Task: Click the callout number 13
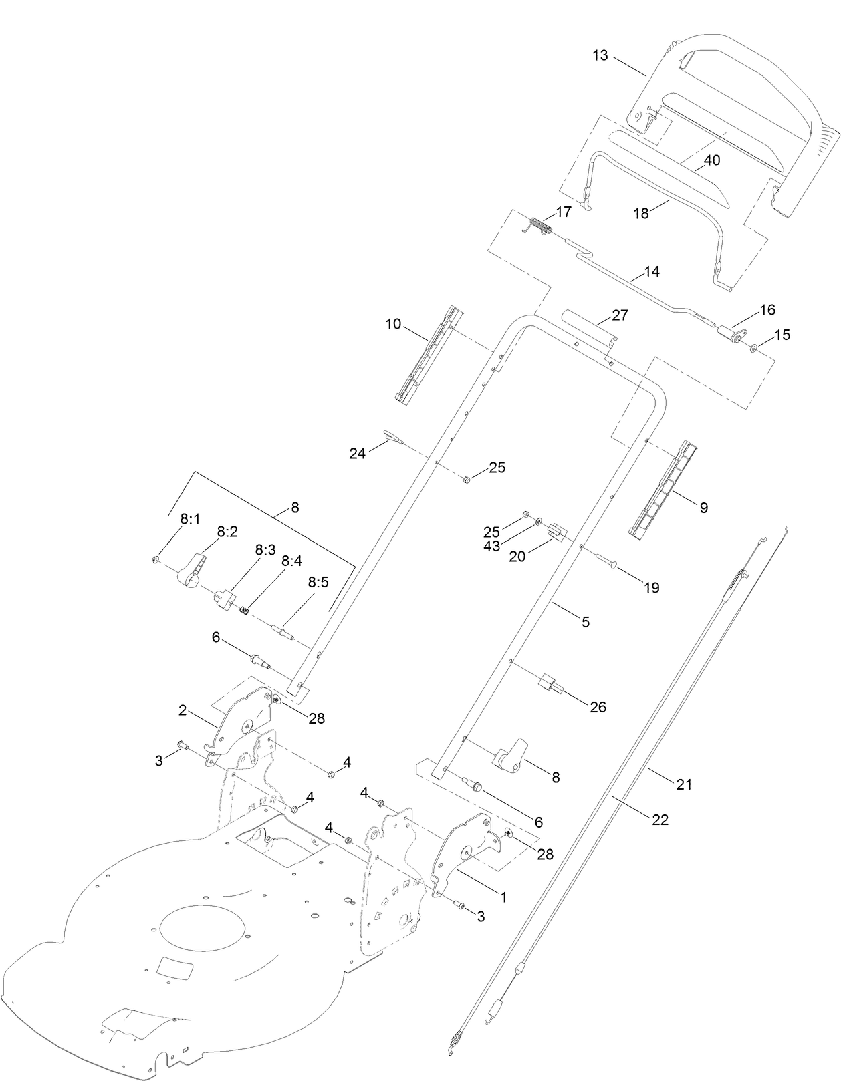(x=600, y=55)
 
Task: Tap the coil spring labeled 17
(x=541, y=226)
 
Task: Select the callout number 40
(x=711, y=160)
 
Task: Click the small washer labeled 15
(x=753, y=347)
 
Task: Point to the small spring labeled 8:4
(x=245, y=609)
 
